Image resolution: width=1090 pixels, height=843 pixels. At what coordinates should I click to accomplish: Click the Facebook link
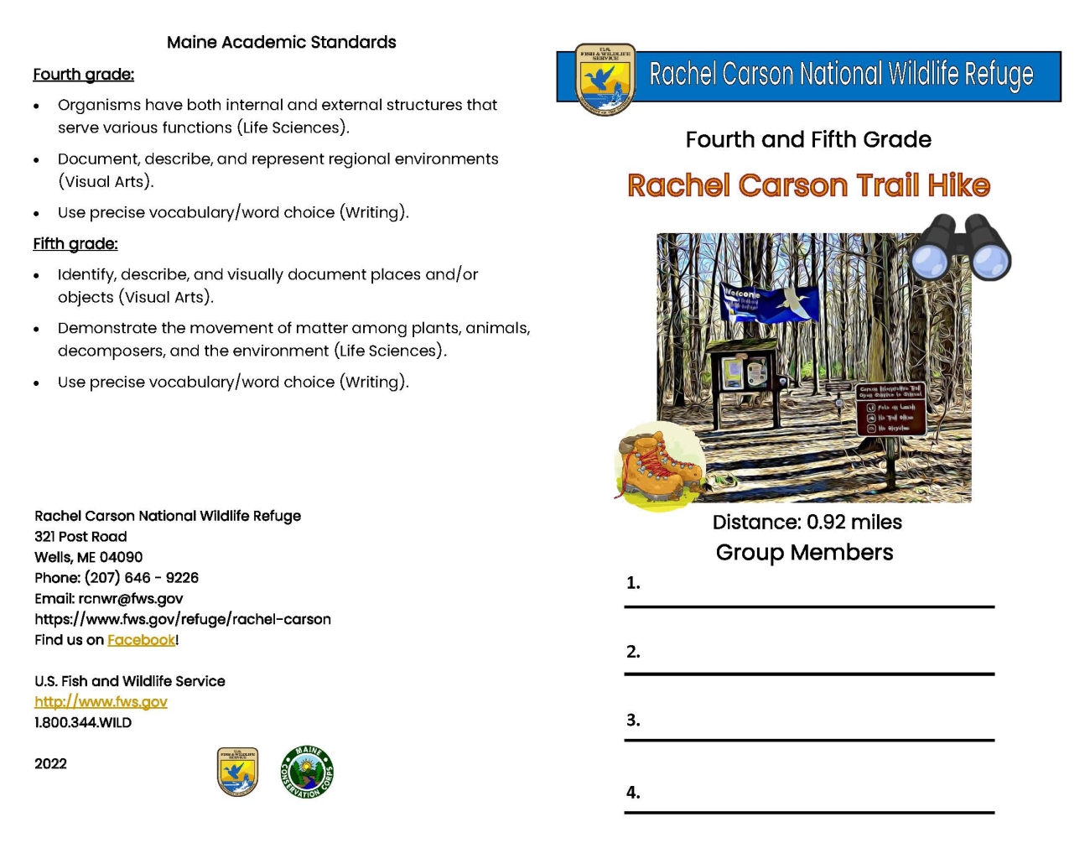pos(141,640)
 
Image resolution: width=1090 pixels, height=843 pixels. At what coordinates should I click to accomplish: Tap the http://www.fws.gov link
pos(101,702)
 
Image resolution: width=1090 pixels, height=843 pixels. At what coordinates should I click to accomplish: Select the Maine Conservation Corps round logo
pos(307,772)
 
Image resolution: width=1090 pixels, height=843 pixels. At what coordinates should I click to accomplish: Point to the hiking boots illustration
pos(659,466)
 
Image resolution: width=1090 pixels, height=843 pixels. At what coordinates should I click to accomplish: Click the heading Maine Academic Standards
pos(281,42)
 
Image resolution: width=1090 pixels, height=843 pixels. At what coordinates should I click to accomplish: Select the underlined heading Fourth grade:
pos(83,75)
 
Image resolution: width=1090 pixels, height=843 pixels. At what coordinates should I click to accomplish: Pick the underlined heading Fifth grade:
pos(75,244)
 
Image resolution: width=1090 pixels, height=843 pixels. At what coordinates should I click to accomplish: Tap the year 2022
pos(50,763)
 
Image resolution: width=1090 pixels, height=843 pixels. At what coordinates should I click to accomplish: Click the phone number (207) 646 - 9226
pos(141,578)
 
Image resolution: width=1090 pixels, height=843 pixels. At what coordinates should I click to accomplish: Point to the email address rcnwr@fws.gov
pos(130,599)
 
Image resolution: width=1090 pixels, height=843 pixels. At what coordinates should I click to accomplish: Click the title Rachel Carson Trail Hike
pos(808,185)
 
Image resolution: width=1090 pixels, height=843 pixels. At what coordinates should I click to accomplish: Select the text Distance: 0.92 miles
pos(807,522)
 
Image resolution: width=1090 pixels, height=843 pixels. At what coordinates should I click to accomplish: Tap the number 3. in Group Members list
pos(633,720)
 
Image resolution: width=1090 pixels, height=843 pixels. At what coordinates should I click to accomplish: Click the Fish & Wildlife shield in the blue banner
pos(605,79)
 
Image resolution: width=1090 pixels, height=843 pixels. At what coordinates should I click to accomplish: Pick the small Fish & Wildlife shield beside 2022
pos(237,772)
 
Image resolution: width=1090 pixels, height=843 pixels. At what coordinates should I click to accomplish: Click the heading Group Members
pos(804,552)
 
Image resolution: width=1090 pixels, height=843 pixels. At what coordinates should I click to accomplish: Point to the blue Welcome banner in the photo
pos(768,303)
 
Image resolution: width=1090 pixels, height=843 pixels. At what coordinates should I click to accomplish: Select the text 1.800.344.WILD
pos(83,722)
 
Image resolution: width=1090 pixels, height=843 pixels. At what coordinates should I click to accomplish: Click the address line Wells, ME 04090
pos(88,557)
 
